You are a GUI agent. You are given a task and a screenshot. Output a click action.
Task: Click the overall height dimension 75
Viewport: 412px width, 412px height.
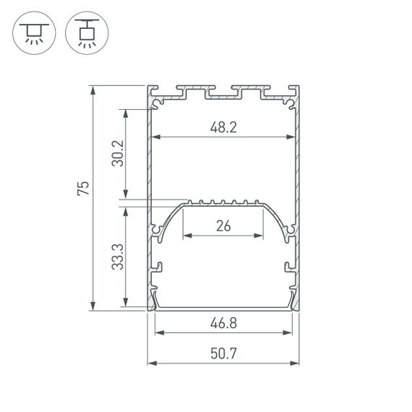84,189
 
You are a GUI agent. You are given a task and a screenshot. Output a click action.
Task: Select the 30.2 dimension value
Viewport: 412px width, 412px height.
118,153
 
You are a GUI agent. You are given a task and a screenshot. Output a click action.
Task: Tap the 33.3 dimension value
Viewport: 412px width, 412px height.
118,257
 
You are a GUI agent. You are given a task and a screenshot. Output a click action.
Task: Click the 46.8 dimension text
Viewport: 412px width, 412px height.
223,323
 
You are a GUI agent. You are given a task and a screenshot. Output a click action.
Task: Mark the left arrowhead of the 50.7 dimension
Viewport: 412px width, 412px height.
150,361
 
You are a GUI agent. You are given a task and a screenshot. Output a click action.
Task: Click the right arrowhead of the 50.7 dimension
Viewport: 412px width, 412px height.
296,361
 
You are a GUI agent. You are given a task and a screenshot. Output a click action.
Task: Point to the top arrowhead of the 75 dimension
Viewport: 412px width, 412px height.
93,88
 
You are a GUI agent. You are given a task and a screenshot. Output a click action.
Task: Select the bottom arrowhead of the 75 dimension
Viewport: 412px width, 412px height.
93,308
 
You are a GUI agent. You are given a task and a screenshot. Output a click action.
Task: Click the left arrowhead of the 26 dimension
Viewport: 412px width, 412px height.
186,235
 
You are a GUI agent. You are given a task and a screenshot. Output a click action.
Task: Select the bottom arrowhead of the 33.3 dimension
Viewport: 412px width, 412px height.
126,306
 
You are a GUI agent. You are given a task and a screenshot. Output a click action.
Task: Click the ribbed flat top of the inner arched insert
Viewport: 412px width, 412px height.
223,203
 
